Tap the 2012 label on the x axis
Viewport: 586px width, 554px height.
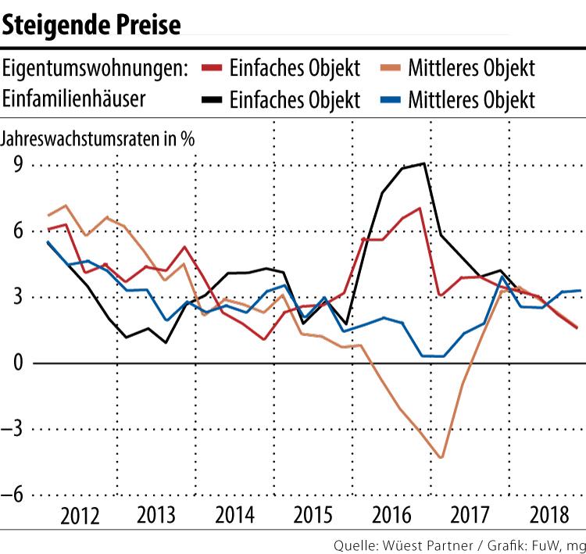point(79,516)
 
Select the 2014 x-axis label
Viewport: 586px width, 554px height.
point(234,516)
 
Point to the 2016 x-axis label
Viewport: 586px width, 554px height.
point(391,516)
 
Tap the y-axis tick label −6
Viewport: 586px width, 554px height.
point(12,495)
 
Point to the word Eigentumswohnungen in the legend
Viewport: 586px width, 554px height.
point(95,68)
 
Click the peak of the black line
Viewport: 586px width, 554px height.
point(423,163)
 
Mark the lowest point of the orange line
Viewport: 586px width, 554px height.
point(441,457)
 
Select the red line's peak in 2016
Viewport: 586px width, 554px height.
point(420,208)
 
